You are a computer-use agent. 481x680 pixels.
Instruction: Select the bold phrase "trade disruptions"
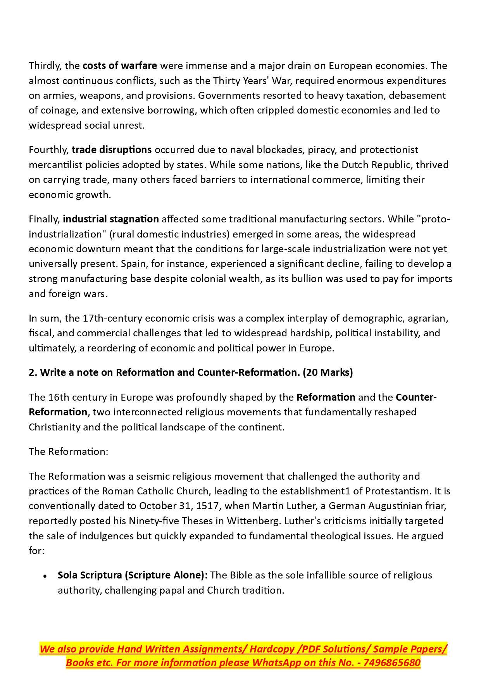point(112,150)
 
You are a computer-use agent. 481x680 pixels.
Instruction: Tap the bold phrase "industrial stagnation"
point(111,219)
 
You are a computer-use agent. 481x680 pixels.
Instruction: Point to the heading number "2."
point(33,372)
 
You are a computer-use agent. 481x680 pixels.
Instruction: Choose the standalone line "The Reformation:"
point(69,451)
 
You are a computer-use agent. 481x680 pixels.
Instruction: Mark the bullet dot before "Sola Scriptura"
point(45,576)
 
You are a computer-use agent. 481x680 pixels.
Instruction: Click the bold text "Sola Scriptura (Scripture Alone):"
point(133,575)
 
